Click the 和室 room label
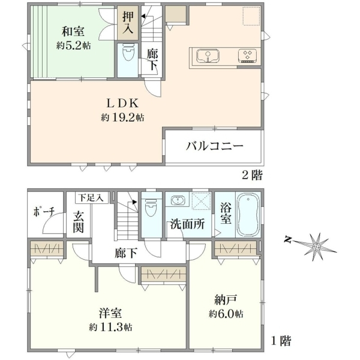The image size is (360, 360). [73, 31]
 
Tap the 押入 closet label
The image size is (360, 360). [128, 23]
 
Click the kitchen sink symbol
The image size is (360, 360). [208, 56]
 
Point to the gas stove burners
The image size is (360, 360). [247, 56]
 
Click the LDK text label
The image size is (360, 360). [122, 103]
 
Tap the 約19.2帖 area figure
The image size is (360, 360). [122, 118]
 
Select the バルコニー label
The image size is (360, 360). [214, 146]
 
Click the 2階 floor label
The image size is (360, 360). [253, 176]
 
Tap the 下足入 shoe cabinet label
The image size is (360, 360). [91, 197]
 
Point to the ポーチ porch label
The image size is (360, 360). [44, 212]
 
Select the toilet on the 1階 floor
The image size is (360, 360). [151, 208]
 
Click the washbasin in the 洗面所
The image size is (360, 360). [178, 200]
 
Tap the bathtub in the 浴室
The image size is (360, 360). [248, 215]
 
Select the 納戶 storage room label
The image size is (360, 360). [226, 300]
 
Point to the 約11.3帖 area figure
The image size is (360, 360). [110, 327]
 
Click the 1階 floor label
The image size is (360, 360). [281, 341]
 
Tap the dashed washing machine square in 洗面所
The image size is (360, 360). [202, 201]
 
